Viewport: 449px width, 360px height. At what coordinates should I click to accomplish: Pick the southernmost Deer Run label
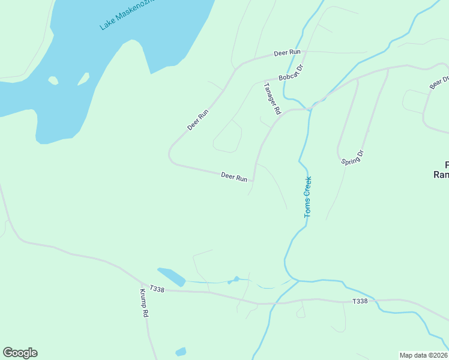click(234, 177)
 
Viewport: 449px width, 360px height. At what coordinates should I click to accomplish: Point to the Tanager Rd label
click(272, 98)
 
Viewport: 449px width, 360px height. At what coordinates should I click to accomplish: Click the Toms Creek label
click(308, 197)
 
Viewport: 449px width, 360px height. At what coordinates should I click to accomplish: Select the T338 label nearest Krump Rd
click(157, 289)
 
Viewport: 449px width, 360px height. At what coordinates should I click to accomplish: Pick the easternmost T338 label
click(360, 301)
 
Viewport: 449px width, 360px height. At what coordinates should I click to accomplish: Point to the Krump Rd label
click(145, 304)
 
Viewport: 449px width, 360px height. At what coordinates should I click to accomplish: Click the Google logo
click(20, 353)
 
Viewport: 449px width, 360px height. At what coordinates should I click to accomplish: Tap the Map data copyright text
click(424, 355)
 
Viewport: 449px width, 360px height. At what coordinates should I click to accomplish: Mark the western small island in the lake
click(53, 80)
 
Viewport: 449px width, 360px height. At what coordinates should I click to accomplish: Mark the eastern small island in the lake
click(83, 79)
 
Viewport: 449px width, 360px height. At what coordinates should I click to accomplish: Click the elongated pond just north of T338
click(172, 277)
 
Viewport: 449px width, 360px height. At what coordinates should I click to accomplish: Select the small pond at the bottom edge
click(181, 352)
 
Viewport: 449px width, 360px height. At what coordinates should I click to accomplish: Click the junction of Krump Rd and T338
click(142, 284)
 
